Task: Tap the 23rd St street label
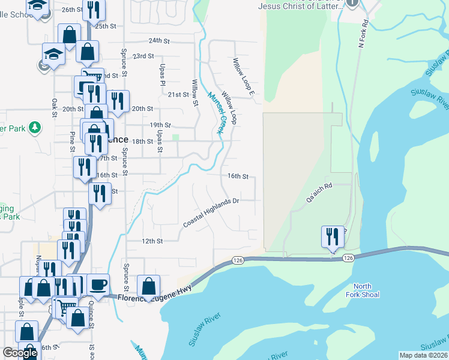pos(143,56)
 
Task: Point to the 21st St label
pos(178,95)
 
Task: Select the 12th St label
pos(152,241)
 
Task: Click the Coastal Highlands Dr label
pos(211,212)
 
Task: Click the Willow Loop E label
pos(244,77)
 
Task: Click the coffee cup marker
pos(98,284)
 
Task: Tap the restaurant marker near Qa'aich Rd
pos(331,236)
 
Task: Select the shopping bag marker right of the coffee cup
pos(148,286)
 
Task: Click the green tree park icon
pos(35,127)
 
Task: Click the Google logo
pos(20,353)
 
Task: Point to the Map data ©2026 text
pos(423,355)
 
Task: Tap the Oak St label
pos(54,108)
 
